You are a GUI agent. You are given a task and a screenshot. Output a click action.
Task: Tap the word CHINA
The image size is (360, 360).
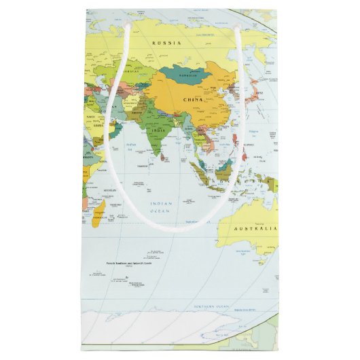(194, 100)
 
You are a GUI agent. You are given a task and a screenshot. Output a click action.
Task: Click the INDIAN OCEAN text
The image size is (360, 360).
(162, 208)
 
